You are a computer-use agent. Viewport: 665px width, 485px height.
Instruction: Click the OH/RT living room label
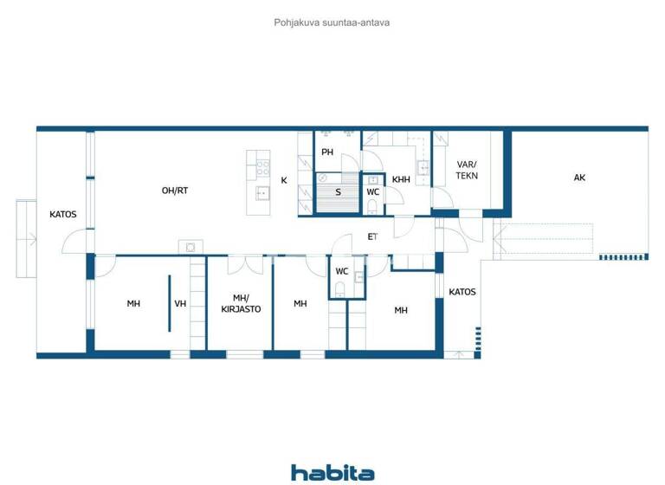175,191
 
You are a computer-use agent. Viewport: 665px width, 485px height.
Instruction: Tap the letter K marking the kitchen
284,180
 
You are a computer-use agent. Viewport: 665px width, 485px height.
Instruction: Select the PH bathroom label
327,152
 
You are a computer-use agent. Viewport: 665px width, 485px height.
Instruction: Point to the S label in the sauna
338,192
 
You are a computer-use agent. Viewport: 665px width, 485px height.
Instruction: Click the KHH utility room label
400,180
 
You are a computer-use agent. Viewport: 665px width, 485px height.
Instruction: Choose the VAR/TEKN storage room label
468,170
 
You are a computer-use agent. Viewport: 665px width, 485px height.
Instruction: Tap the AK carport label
579,178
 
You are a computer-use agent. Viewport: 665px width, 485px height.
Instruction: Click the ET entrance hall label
372,236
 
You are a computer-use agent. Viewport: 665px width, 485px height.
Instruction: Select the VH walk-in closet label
180,304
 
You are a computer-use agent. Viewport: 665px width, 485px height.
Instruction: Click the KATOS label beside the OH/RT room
63,214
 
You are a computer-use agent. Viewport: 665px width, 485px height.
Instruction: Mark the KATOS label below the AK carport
462,292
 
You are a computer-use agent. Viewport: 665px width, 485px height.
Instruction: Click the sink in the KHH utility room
423,168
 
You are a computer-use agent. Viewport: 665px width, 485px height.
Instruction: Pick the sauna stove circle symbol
323,178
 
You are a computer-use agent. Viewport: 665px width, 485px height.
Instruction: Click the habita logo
332,473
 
